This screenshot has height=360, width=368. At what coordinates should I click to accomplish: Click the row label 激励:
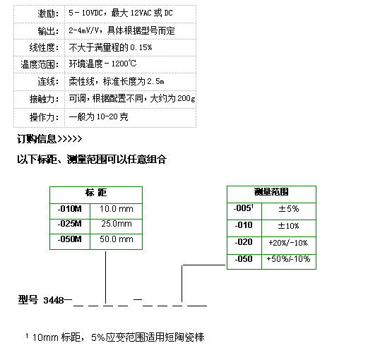(48, 13)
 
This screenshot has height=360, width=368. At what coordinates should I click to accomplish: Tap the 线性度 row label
(44, 47)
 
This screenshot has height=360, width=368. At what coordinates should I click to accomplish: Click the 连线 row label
(48, 81)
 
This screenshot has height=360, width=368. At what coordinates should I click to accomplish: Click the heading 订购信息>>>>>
(49, 138)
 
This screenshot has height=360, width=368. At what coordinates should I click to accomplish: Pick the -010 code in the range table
(244, 225)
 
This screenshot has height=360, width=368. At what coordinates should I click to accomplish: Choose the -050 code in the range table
(244, 259)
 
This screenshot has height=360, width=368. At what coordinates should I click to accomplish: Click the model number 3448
(54, 300)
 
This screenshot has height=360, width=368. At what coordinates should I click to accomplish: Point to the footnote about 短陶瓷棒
(115, 337)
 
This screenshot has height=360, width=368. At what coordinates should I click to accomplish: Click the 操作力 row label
(44, 117)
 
